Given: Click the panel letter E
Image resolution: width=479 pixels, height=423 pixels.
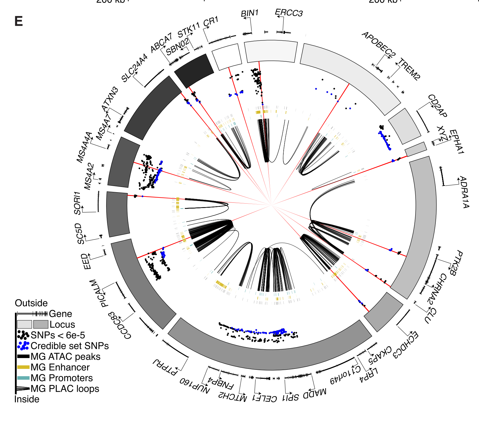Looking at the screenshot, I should coord(18,21).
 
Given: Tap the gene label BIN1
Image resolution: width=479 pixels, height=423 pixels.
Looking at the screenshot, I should coord(249,13).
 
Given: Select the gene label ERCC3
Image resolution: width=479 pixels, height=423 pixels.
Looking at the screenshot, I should coord(289,13).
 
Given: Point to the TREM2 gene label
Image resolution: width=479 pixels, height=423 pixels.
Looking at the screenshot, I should coord(410,69).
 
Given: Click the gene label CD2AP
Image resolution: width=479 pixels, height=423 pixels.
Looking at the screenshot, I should coord(437,106).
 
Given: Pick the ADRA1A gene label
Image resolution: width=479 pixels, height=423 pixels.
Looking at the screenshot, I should coord(464,192).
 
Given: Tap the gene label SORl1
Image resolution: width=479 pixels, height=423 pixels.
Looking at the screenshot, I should coord(77,203).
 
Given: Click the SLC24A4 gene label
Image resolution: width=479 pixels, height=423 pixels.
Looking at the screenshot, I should coord(135,68).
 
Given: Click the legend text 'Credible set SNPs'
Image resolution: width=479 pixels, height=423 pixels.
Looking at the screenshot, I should coord(70,346).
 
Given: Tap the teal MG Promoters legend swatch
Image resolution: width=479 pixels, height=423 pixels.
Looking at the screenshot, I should coord(23,378).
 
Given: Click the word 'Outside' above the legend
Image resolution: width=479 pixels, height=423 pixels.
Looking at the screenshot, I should coord(31,303).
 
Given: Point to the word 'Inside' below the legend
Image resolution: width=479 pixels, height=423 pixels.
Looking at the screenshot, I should coord(27,399).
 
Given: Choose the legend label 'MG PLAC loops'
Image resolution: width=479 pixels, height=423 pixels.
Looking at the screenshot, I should coord(65,389).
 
